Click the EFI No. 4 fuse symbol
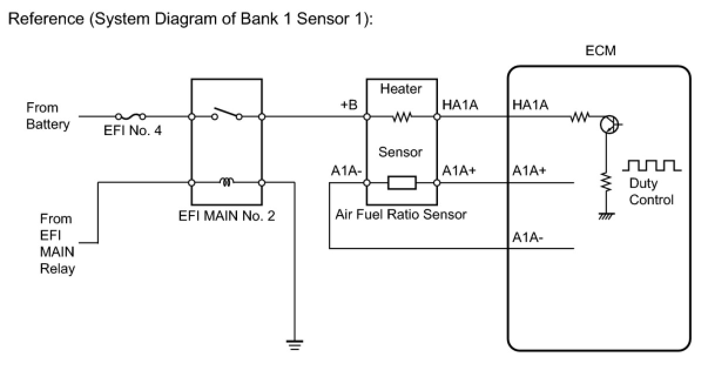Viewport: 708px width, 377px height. tap(130, 117)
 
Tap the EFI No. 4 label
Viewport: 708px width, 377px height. tap(133, 130)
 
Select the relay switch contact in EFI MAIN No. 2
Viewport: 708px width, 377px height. tap(227, 114)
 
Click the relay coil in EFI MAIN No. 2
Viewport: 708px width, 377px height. tap(227, 182)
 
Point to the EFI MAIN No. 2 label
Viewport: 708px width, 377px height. tap(227, 216)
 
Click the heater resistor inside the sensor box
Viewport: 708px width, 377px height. tap(402, 117)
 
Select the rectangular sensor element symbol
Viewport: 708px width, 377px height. tap(402, 183)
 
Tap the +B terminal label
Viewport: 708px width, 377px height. tap(349, 105)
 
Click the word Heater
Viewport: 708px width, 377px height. tap(401, 89)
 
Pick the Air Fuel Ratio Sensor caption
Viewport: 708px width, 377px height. tap(401, 214)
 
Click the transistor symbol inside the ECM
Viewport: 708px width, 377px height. tap(609, 124)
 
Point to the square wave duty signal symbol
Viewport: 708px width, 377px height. tap(652, 166)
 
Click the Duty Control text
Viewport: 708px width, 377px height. tap(651, 191)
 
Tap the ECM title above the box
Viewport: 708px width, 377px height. tap(601, 51)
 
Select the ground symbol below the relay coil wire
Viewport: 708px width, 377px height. tap(295, 345)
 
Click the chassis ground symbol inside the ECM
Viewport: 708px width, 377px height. tap(606, 216)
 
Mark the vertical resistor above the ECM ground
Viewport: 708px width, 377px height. tap(606, 182)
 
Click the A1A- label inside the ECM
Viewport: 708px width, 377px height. tap(528, 237)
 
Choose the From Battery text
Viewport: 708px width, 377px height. tap(48, 116)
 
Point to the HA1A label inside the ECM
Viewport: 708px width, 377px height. tap(530, 105)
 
